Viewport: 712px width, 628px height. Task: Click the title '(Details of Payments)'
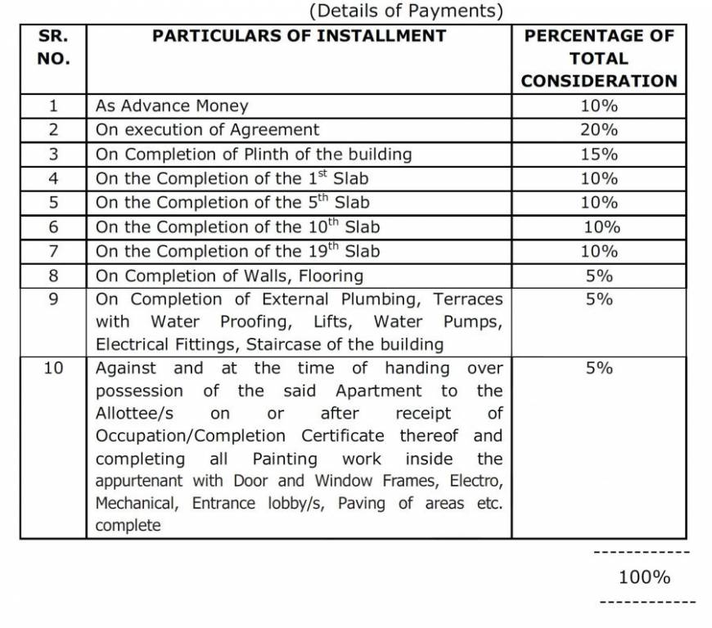point(406,11)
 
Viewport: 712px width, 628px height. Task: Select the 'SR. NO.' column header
point(54,47)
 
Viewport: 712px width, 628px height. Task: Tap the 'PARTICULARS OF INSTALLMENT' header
point(300,36)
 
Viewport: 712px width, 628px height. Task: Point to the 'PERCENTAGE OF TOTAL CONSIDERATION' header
point(599,58)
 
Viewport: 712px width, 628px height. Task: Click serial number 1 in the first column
point(54,105)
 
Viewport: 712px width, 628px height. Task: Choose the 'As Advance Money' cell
point(172,105)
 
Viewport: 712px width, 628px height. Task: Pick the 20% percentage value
point(599,129)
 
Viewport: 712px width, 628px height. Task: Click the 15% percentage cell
point(599,154)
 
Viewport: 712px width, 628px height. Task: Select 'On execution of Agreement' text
point(208,129)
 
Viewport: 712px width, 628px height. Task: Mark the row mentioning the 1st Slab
point(232,178)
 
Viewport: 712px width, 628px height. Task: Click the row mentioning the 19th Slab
point(237,251)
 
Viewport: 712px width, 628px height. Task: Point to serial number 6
point(54,227)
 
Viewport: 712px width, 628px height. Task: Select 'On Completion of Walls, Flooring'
point(229,276)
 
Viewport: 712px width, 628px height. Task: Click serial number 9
point(54,299)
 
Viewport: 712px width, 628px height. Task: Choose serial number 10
point(54,368)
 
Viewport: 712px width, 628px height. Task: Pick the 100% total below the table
point(644,577)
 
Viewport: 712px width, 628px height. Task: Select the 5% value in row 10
point(599,368)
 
